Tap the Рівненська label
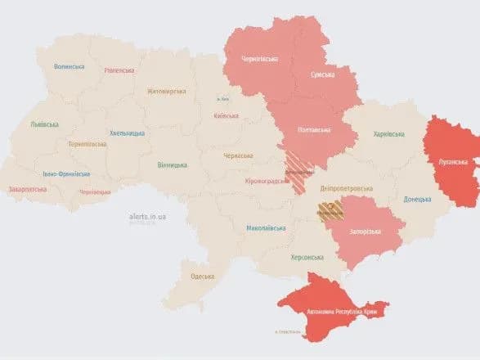coord(119,70)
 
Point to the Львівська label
coord(44,124)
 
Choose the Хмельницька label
coord(128,133)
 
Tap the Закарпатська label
coord(28,189)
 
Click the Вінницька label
coord(173,164)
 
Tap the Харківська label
coord(389,133)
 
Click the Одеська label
coord(201,277)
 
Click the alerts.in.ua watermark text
coord(148,216)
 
